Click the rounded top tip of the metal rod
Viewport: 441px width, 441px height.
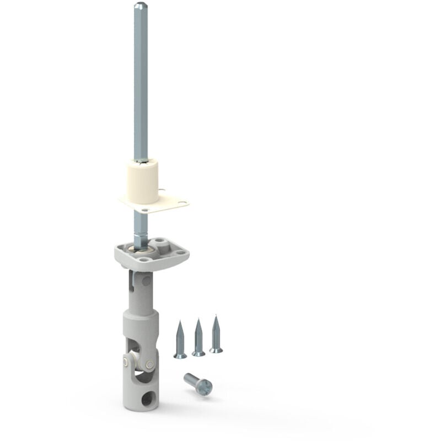(x=141, y=6)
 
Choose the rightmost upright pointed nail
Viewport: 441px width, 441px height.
(x=216, y=335)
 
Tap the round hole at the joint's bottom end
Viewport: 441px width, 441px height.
(x=147, y=399)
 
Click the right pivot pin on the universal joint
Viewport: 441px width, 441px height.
(x=149, y=364)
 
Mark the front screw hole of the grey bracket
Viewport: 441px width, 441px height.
(x=144, y=259)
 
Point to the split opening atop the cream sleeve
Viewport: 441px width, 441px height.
(x=142, y=161)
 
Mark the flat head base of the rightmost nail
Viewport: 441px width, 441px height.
(x=216, y=350)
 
